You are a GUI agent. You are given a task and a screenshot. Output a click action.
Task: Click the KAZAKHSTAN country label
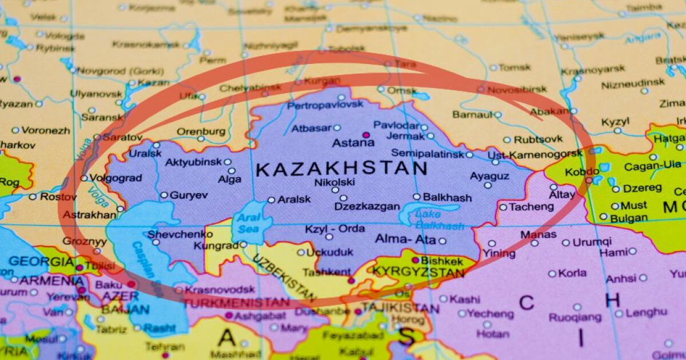pos(341,169)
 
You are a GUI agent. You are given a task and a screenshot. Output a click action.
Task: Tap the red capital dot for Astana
pos(366,135)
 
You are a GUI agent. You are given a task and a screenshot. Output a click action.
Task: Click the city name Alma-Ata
pos(405,240)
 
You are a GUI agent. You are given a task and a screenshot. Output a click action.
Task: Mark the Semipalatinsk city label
pos(428,154)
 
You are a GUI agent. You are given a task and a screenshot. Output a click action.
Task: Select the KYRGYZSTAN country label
pos(418,273)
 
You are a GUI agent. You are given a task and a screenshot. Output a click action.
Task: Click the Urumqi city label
pos(592,242)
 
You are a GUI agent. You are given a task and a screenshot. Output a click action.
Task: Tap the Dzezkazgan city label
pos(366,206)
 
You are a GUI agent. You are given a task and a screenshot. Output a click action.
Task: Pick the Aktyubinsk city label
pos(193,162)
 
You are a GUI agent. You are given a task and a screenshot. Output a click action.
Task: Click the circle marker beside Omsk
pos(381,89)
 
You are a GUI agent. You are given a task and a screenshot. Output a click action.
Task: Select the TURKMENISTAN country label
pos(237,302)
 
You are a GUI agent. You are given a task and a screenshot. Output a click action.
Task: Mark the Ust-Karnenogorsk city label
pos(535,155)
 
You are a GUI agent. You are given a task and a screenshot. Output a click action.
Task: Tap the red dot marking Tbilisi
pos(79,267)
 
